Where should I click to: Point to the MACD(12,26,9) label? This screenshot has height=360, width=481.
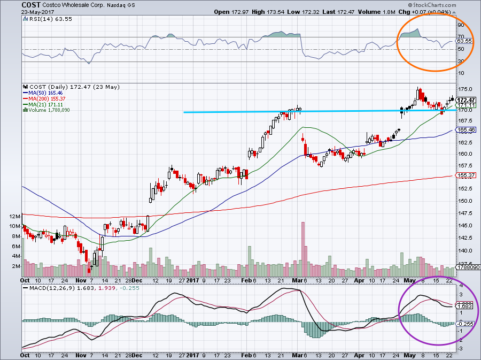pyautogui.click(x=46, y=288)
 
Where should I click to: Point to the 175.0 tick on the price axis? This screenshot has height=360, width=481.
pyautogui.click(x=463, y=89)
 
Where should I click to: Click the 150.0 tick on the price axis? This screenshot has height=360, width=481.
pyautogui.click(x=463, y=201)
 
